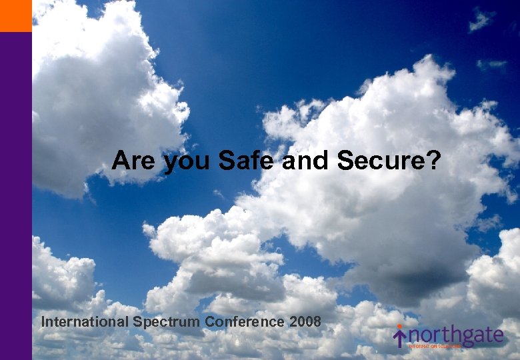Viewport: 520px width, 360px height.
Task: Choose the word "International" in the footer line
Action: (85, 322)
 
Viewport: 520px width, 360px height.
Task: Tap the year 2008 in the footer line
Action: (305, 322)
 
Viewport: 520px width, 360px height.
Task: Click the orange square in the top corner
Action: (15, 15)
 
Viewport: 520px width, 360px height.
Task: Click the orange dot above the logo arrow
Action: (400, 327)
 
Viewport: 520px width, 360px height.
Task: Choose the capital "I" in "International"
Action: (43, 322)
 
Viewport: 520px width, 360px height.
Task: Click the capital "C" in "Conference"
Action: (210, 322)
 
